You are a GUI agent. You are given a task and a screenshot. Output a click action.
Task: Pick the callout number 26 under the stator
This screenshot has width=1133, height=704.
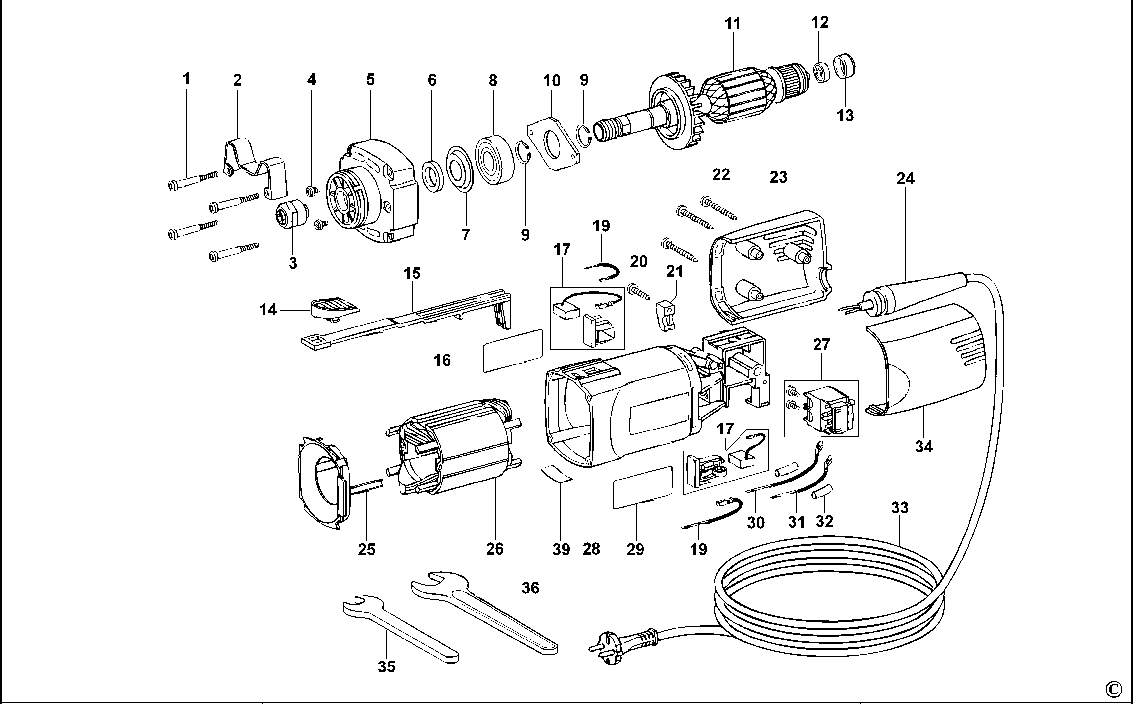click(494, 549)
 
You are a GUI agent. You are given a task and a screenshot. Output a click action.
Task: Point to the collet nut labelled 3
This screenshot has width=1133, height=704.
click(292, 217)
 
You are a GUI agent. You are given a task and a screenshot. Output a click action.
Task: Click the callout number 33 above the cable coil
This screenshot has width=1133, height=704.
click(899, 508)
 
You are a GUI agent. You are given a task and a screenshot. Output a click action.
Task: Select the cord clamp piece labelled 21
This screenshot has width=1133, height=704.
click(666, 316)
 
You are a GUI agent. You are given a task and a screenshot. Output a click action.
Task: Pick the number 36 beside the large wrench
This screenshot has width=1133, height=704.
click(530, 588)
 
